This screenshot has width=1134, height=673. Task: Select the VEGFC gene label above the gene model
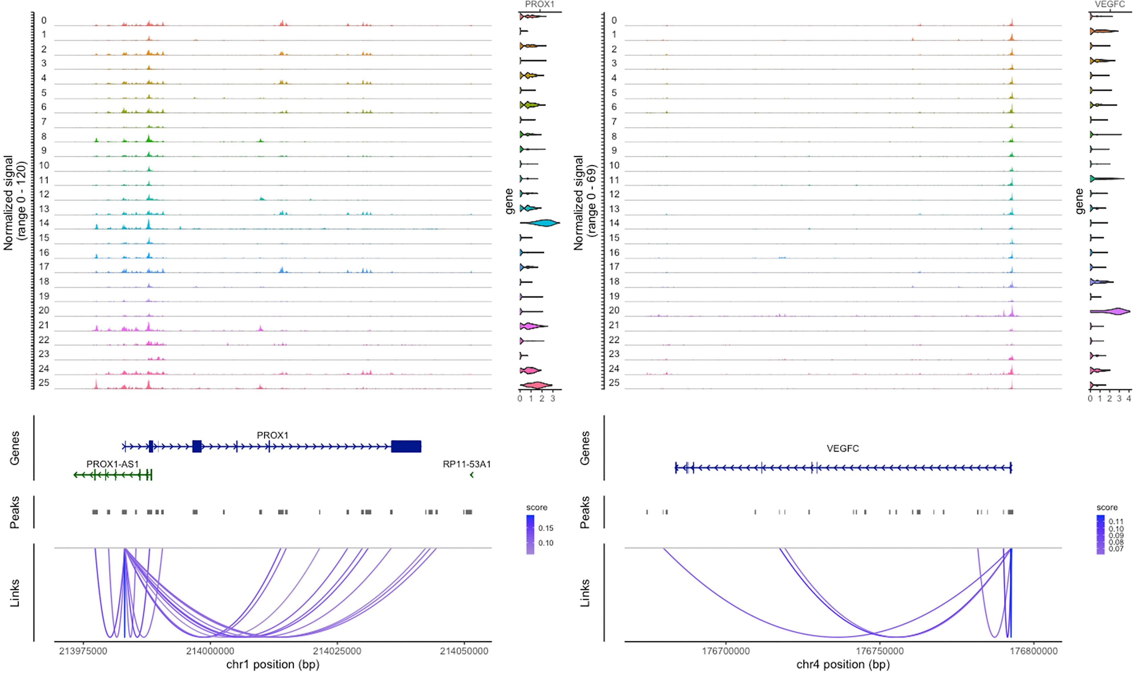[x=843, y=449]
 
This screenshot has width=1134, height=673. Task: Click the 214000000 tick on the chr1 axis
[x=210, y=651]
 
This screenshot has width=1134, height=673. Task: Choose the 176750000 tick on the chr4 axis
[x=880, y=651]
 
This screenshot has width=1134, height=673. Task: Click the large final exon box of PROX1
[x=406, y=446]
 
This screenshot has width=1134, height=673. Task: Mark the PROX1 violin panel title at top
[x=540, y=4]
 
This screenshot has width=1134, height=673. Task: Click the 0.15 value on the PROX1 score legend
[x=546, y=528]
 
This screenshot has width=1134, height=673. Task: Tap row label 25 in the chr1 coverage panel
[x=44, y=383]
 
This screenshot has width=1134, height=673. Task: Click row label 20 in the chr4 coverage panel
[x=614, y=311]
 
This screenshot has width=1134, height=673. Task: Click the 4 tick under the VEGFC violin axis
[x=1129, y=399]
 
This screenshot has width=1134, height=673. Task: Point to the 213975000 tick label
[x=83, y=651]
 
